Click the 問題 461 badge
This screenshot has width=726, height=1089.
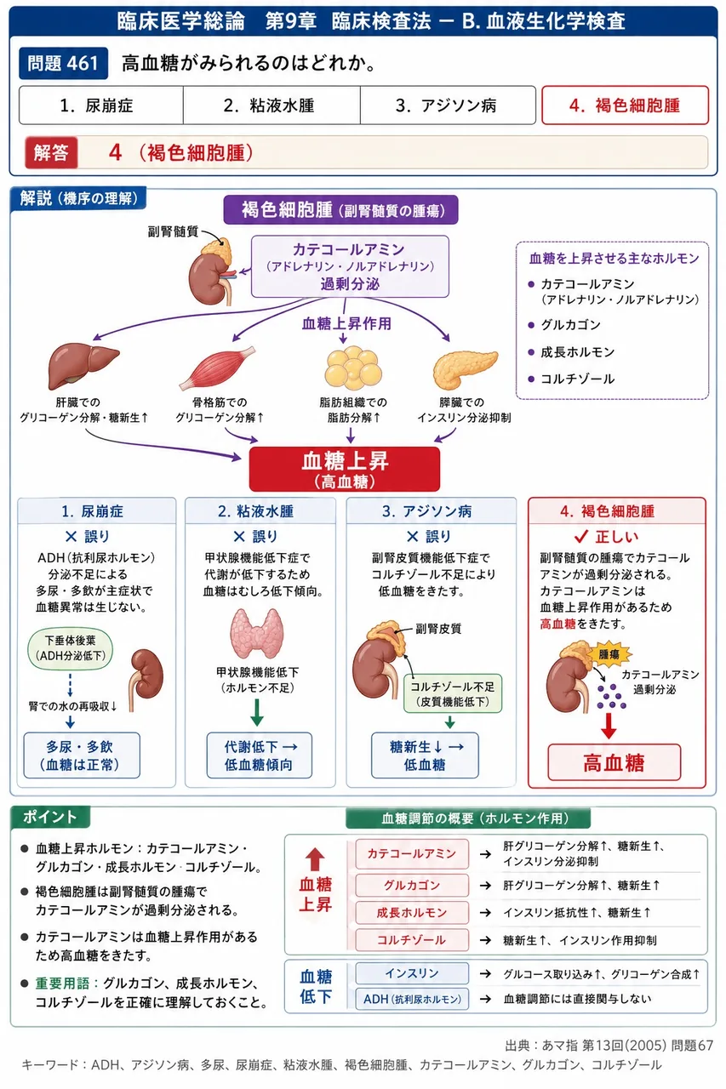point(63,63)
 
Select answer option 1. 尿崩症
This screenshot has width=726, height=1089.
point(100,105)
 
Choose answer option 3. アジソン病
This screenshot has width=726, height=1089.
point(448,105)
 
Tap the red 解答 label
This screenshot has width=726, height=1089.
point(51,152)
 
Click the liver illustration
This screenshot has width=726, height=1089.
point(83,366)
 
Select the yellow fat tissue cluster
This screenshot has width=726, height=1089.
point(353,368)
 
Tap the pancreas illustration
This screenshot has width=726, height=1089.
point(465,369)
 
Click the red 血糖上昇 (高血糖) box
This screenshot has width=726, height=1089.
point(345,469)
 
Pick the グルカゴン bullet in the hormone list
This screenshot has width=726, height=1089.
point(570,325)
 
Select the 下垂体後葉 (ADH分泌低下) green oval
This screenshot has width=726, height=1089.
point(71,648)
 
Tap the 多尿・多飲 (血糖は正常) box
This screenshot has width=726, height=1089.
point(82,755)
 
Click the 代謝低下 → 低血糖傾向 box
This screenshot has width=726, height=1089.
point(260,755)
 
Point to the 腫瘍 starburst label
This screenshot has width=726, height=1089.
point(609,654)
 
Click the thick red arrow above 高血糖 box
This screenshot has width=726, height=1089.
point(609,727)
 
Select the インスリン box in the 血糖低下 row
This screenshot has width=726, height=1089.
point(412,972)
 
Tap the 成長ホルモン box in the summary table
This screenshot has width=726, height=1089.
point(412,913)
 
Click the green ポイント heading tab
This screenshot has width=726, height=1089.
point(49,817)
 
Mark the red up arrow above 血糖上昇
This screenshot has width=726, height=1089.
point(315,859)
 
